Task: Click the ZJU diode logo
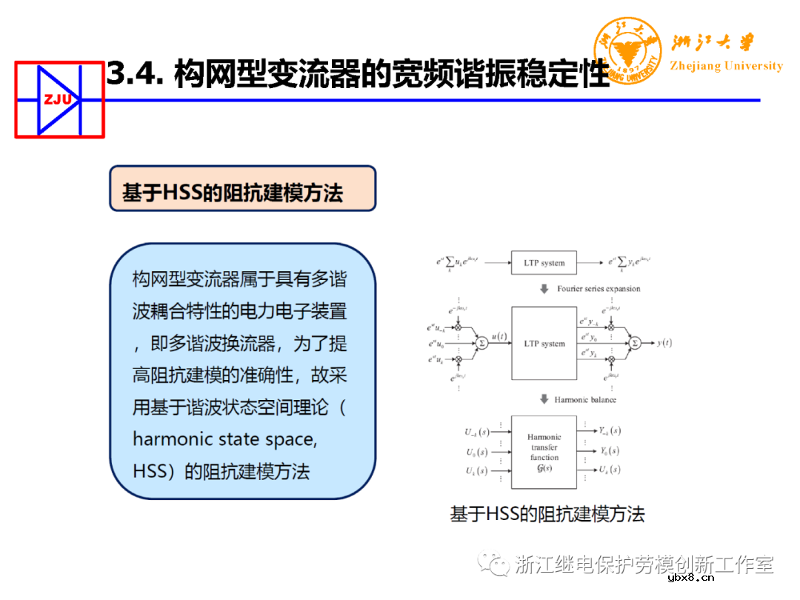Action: click(x=59, y=99)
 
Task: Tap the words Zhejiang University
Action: click(x=726, y=66)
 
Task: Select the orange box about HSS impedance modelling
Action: click(x=242, y=189)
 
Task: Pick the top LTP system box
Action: click(x=544, y=262)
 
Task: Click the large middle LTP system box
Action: click(x=544, y=344)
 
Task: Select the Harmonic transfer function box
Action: click(x=544, y=452)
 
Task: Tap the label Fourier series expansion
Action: click(x=599, y=289)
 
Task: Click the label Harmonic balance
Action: click(x=585, y=400)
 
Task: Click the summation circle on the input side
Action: click(x=481, y=343)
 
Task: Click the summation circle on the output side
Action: click(x=635, y=343)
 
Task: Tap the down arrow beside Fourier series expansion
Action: click(x=544, y=289)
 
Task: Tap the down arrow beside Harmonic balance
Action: click(x=544, y=400)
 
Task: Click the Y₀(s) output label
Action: click(x=610, y=451)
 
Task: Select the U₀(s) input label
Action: click(x=476, y=451)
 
